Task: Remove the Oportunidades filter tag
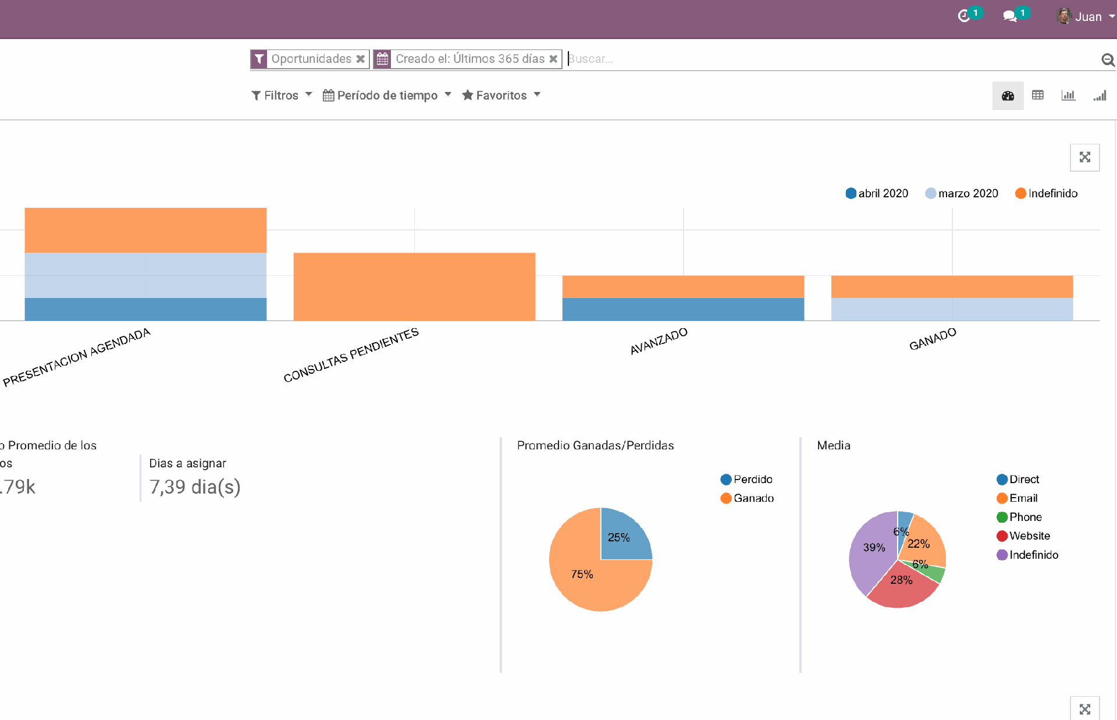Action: click(x=361, y=59)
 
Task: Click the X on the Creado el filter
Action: click(x=553, y=59)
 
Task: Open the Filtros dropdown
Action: click(x=282, y=95)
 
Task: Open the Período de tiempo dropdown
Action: click(x=387, y=95)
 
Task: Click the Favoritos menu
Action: click(x=501, y=95)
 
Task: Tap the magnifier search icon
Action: click(x=1108, y=59)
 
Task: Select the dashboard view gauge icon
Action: click(x=1008, y=95)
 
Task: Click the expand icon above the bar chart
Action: click(x=1084, y=157)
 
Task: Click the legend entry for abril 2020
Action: click(x=877, y=193)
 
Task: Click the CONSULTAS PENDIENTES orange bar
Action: click(x=414, y=286)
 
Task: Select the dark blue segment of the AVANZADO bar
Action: click(x=683, y=309)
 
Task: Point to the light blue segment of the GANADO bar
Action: click(x=952, y=309)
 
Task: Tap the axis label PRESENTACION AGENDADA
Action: click(x=77, y=357)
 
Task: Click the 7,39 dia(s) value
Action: click(x=195, y=487)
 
